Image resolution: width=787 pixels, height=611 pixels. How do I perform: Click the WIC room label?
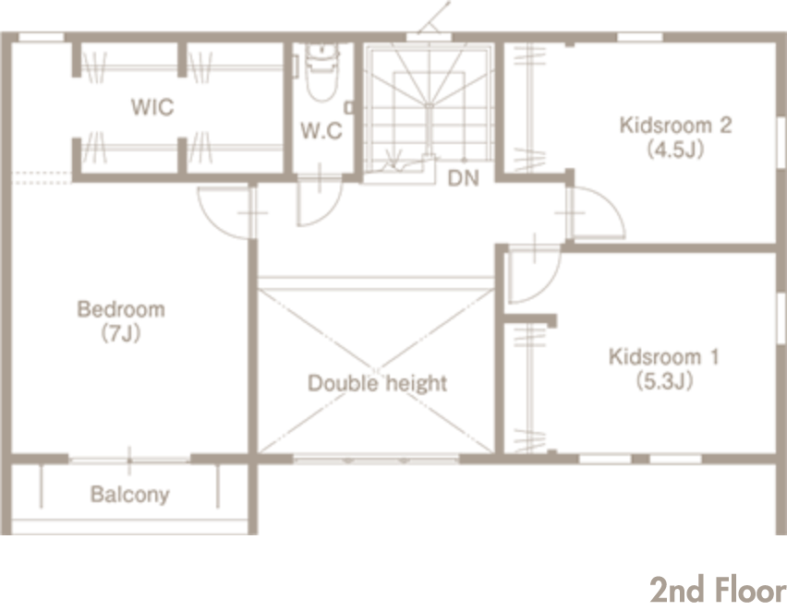click(x=152, y=107)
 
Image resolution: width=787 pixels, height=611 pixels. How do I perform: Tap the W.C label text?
click(x=321, y=130)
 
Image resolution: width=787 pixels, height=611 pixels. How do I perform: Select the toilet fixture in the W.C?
click(x=321, y=73)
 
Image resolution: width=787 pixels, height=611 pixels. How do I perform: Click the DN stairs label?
click(x=463, y=178)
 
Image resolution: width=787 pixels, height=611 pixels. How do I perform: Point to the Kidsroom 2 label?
click(x=675, y=125)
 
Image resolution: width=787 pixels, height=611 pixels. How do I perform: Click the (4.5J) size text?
click(x=675, y=149)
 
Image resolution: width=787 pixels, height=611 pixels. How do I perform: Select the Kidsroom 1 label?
click(x=664, y=356)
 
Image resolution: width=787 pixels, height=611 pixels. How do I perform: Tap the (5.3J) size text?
click(x=664, y=381)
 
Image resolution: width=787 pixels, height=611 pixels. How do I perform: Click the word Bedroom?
click(x=121, y=309)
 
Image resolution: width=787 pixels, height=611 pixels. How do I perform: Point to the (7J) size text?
click(x=120, y=333)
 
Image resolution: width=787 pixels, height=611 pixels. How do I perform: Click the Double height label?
click(x=377, y=383)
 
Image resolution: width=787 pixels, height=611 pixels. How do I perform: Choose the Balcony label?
click(x=130, y=495)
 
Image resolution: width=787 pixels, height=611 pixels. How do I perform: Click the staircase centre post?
click(x=430, y=130)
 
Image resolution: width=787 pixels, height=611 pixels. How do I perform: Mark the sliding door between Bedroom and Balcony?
click(x=129, y=460)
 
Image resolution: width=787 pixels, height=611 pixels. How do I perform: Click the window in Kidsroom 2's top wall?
click(x=639, y=37)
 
